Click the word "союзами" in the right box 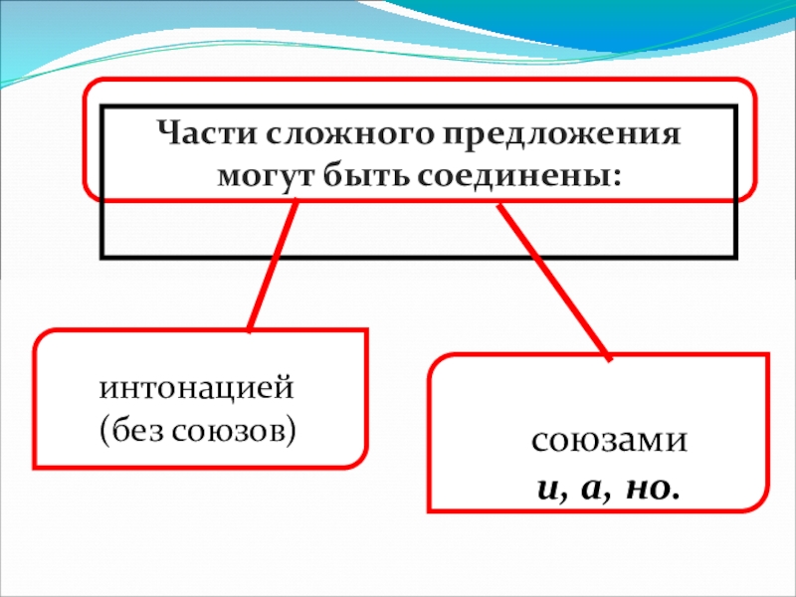coord(597,441)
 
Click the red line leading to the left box coord(273,264)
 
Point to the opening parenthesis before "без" coord(102,430)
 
